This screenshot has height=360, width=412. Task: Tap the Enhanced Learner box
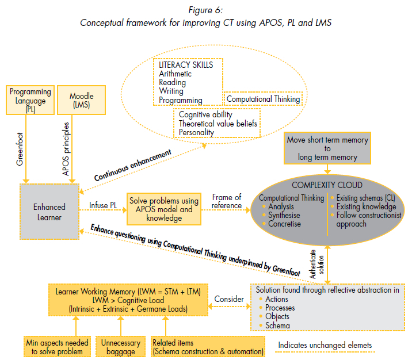coord(49,211)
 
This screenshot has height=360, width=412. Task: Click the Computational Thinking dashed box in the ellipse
coord(263,99)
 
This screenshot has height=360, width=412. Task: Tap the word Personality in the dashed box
coord(197,132)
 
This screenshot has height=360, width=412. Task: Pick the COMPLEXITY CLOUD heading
coord(327,185)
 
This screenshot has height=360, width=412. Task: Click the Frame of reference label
coord(227,202)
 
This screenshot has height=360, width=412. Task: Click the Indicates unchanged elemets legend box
coord(325,346)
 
